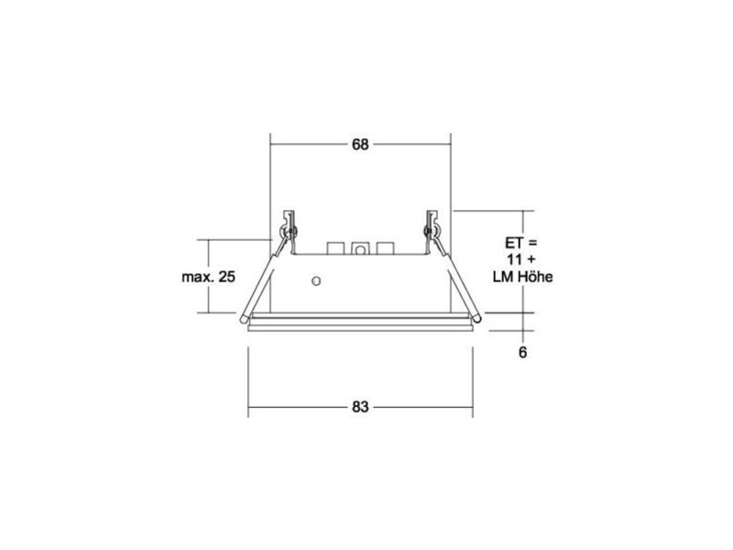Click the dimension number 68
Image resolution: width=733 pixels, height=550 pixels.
click(360, 145)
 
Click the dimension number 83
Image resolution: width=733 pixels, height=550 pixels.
click(360, 407)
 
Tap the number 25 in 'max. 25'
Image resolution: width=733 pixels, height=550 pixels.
click(226, 277)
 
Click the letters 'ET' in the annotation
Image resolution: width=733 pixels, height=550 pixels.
click(513, 243)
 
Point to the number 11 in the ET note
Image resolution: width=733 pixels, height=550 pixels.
click(514, 259)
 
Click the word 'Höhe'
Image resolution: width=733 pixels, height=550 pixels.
click(535, 277)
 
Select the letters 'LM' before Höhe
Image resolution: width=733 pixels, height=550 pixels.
click(503, 277)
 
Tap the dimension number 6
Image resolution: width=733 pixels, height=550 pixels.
click(522, 352)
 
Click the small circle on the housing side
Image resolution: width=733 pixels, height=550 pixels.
click(316, 281)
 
